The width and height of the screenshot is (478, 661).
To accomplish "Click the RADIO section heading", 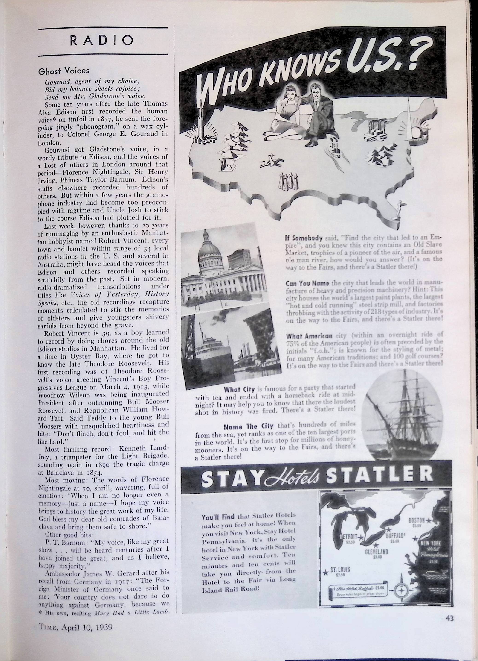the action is pos(103,41).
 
